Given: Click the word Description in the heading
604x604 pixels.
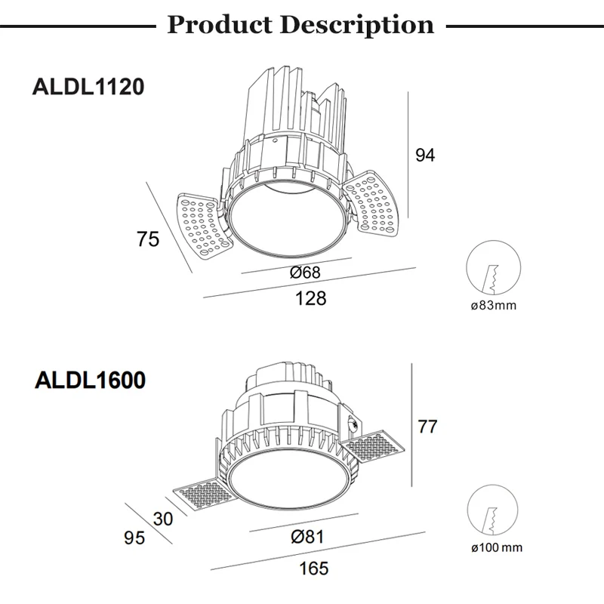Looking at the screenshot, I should (357, 25).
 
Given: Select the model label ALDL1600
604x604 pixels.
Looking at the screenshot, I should (90, 380).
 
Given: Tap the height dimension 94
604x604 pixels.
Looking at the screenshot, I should (426, 155).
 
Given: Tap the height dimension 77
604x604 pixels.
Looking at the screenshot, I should (427, 427).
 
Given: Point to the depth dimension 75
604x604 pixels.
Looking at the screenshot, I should (148, 239).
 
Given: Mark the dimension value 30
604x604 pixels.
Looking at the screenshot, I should (162, 519).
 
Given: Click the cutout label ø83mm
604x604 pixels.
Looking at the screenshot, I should (493, 306).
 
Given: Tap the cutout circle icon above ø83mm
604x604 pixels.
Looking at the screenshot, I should (493, 268).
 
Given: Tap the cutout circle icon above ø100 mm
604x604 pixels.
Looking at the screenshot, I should (493, 511).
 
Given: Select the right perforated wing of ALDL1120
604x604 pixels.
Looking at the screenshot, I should (371, 200).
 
